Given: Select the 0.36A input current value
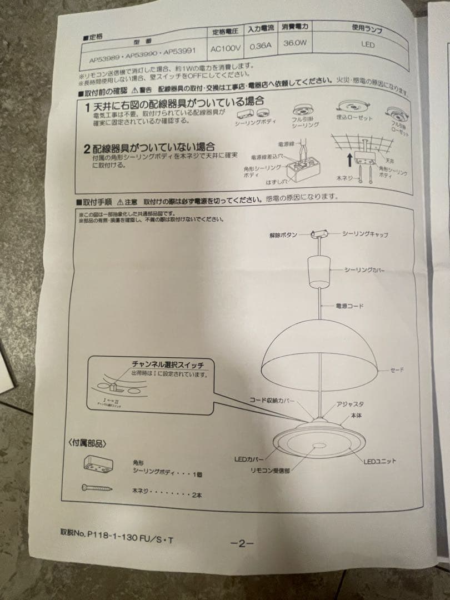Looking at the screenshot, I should click(x=261, y=47).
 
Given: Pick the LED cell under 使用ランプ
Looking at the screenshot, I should click(x=368, y=45).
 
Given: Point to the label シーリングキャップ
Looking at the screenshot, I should click(x=365, y=234).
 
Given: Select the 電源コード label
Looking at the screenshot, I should click(x=349, y=306).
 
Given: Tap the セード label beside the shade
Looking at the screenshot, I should click(x=396, y=370).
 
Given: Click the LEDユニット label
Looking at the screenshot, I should click(x=380, y=461).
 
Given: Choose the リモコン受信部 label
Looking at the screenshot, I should click(x=269, y=470).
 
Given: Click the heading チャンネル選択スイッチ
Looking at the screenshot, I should click(x=167, y=364).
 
